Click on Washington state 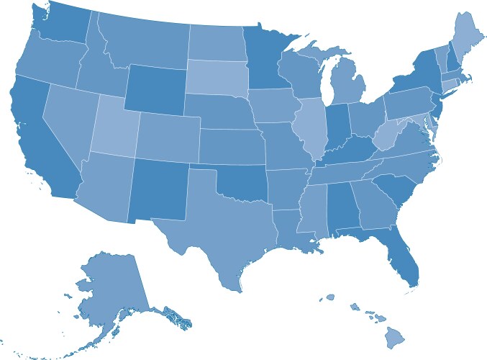[61, 25]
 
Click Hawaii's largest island [395, 336]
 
